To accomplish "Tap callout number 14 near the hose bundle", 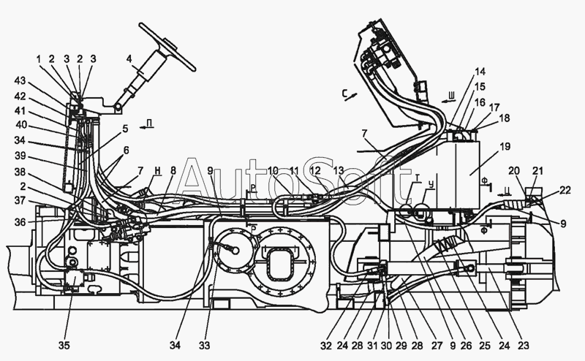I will pos(478,72).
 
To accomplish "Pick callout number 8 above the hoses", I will pos(173,170).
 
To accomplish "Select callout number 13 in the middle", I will pos(337,170).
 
